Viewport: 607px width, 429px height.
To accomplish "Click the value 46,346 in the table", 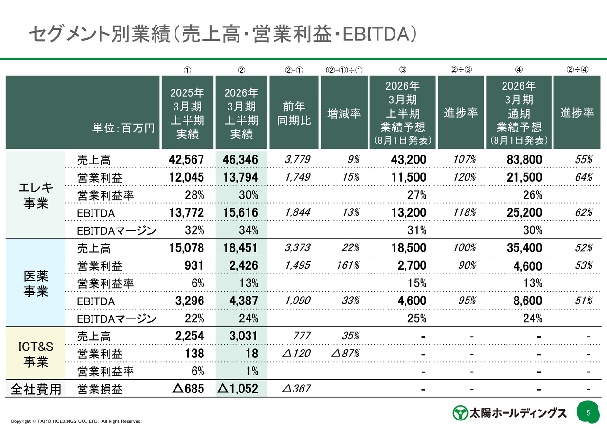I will [240, 160].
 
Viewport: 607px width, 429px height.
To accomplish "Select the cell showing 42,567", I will [186, 160].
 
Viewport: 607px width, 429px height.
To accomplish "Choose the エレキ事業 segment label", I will [36, 195].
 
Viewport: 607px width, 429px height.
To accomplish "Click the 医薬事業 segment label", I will [36, 283].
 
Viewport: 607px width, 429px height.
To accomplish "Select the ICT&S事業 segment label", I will [36, 354].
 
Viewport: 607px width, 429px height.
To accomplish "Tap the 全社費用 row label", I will [36, 389].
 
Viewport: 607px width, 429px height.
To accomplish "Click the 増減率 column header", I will [344, 113].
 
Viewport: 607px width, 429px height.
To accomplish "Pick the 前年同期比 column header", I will [294, 113].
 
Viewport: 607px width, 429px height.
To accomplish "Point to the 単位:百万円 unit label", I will [123, 128].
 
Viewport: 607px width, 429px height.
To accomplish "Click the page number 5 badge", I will [588, 412].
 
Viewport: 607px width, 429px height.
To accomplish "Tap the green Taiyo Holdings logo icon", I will [459, 412].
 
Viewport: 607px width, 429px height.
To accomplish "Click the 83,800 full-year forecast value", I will [524, 160].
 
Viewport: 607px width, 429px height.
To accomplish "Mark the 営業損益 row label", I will [100, 389].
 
